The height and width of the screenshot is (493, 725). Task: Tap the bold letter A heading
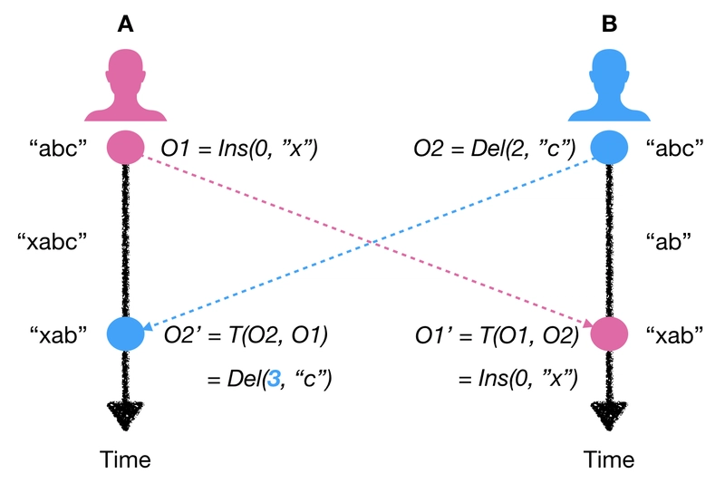pyautogui.click(x=125, y=24)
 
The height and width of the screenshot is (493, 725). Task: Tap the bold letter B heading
pyautogui.click(x=609, y=24)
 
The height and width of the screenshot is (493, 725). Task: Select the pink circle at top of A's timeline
pyautogui.click(x=125, y=148)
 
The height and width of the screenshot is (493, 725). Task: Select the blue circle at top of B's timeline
pyautogui.click(x=608, y=148)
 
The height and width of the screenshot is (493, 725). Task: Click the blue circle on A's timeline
pyautogui.click(x=125, y=334)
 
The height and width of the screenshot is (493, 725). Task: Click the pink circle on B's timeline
pyautogui.click(x=608, y=334)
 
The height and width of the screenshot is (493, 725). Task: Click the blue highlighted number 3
pyautogui.click(x=269, y=374)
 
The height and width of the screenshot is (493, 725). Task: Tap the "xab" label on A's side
pyautogui.click(x=60, y=335)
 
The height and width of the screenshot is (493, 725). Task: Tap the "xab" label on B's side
pyautogui.click(x=675, y=335)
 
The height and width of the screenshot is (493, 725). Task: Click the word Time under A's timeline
pyautogui.click(x=125, y=459)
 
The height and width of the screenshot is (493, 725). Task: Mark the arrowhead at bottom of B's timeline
pyautogui.click(x=608, y=419)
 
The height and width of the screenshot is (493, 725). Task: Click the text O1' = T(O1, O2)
pyautogui.click(x=497, y=336)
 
